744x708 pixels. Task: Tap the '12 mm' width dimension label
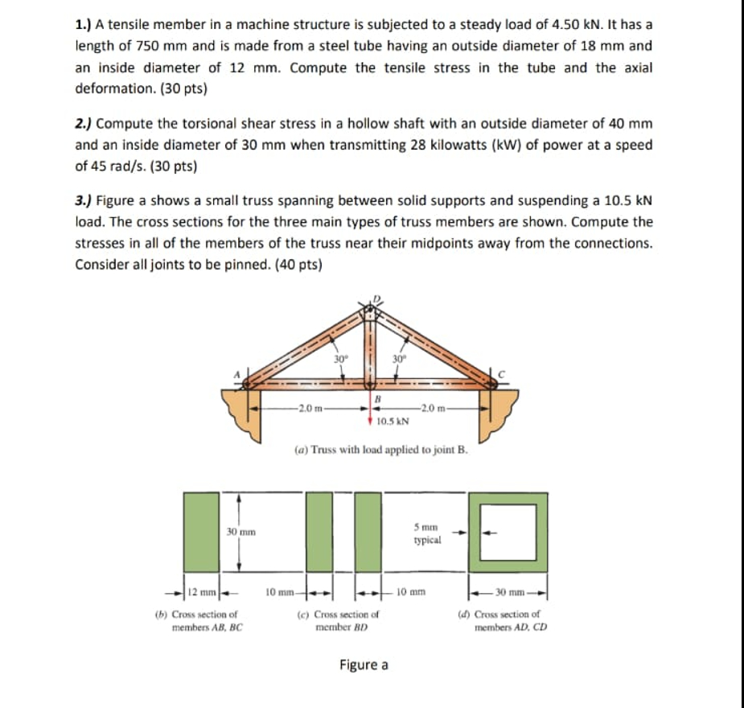click(x=199, y=593)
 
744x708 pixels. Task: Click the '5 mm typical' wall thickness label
click(x=427, y=534)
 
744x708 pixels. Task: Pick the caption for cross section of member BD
click(x=339, y=619)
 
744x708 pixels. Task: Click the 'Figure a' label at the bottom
click(x=364, y=665)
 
